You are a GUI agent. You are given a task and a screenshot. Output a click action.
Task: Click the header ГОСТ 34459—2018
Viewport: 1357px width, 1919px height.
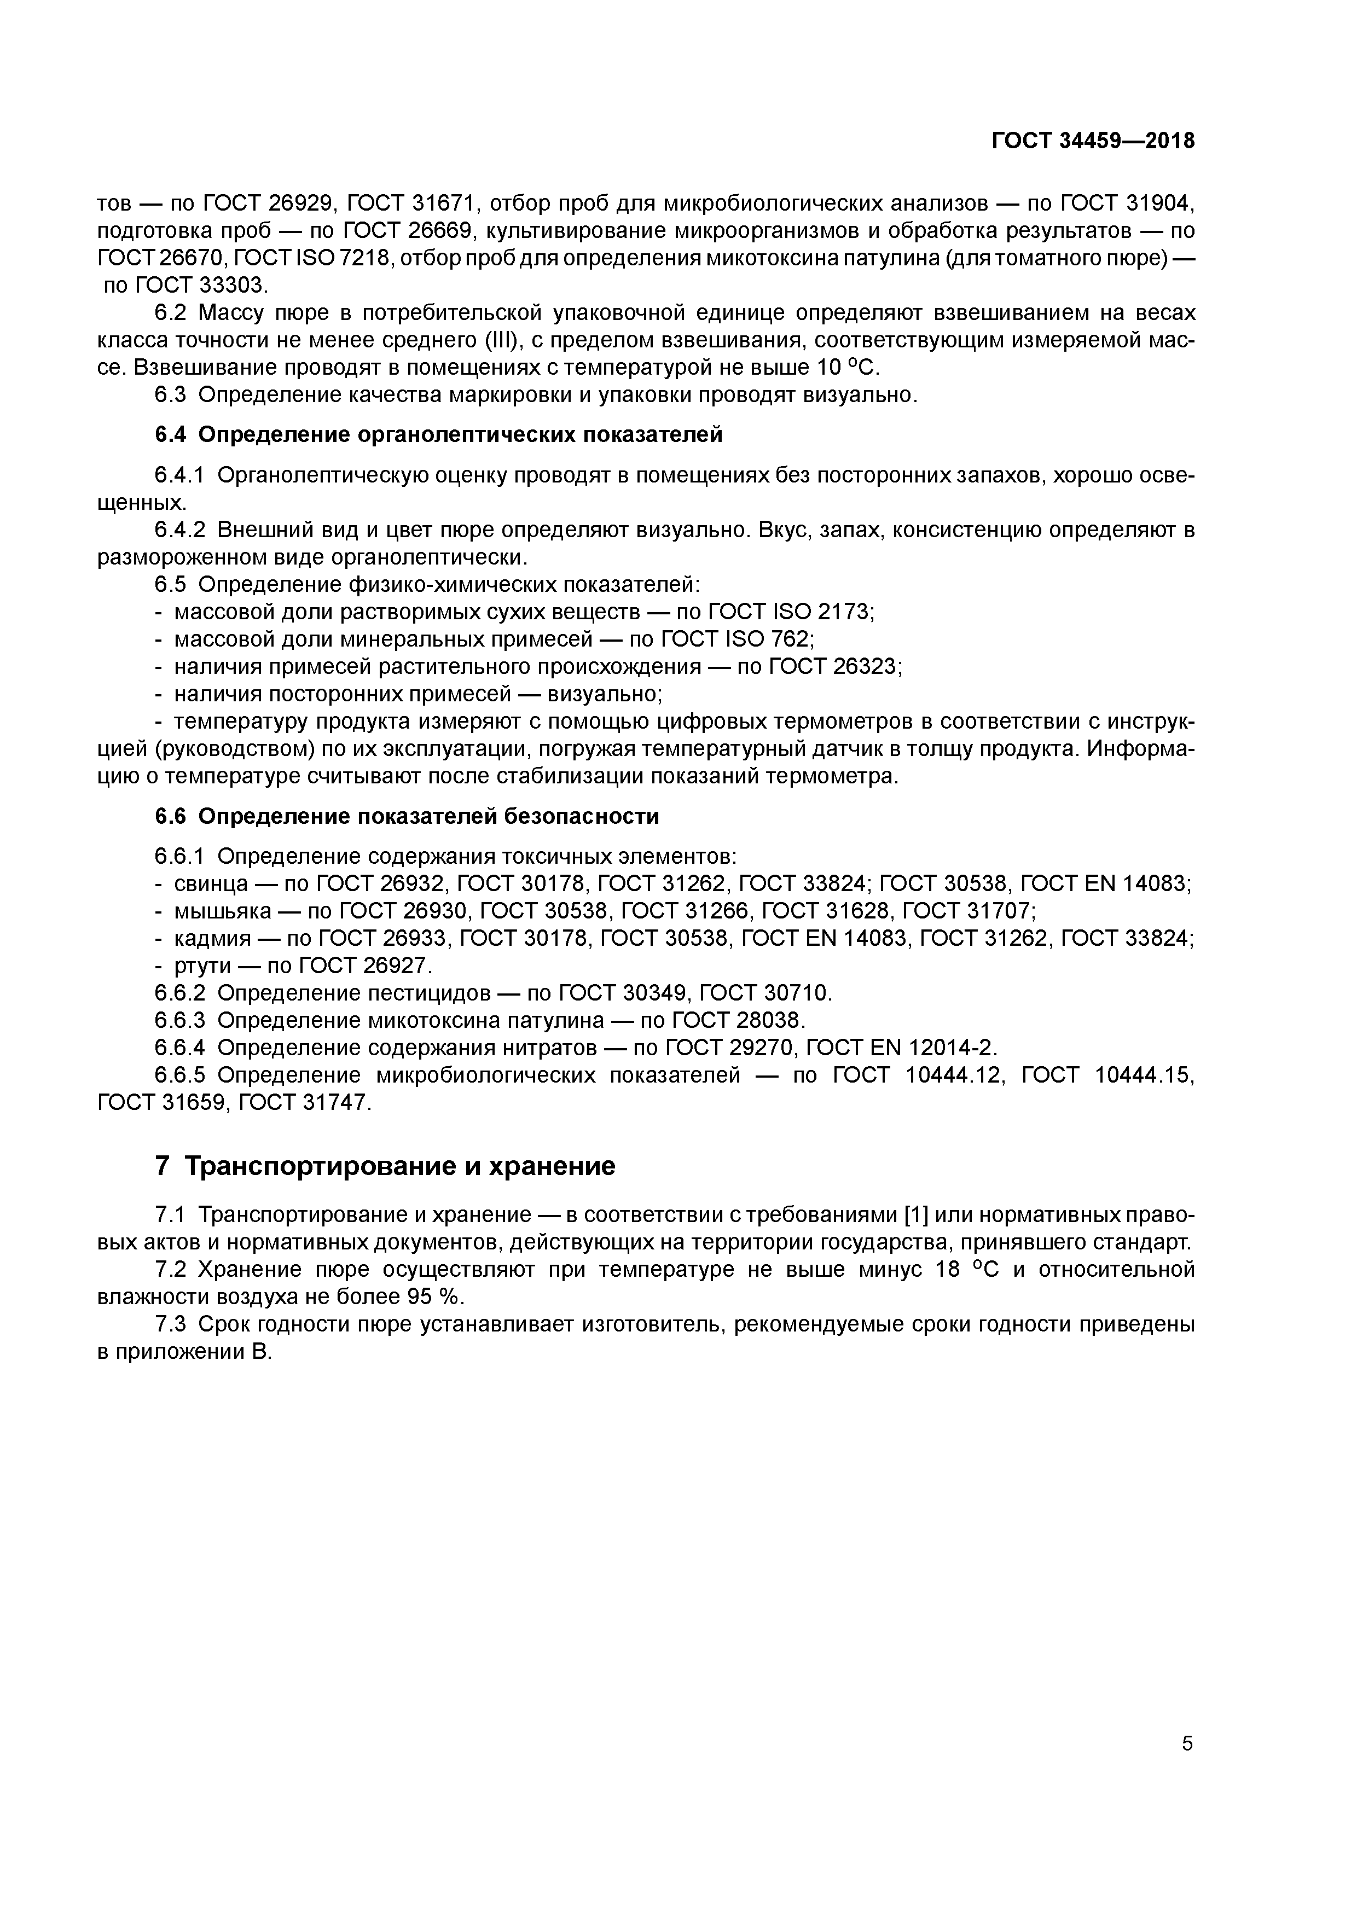[1093, 141]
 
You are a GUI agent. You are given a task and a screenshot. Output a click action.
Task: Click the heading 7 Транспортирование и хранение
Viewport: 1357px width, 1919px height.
[385, 1165]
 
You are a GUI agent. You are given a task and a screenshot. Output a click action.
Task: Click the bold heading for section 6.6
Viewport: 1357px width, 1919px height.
[407, 816]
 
